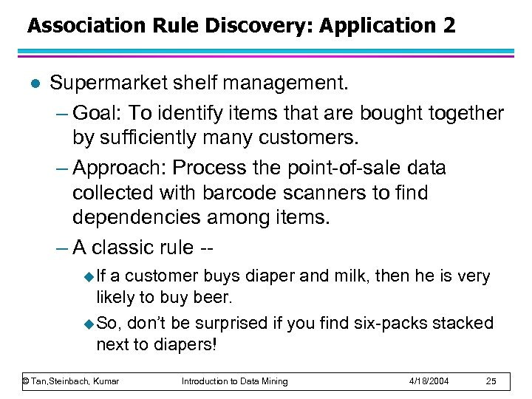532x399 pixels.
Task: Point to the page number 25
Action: click(490, 381)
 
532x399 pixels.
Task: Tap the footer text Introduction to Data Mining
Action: click(235, 381)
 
